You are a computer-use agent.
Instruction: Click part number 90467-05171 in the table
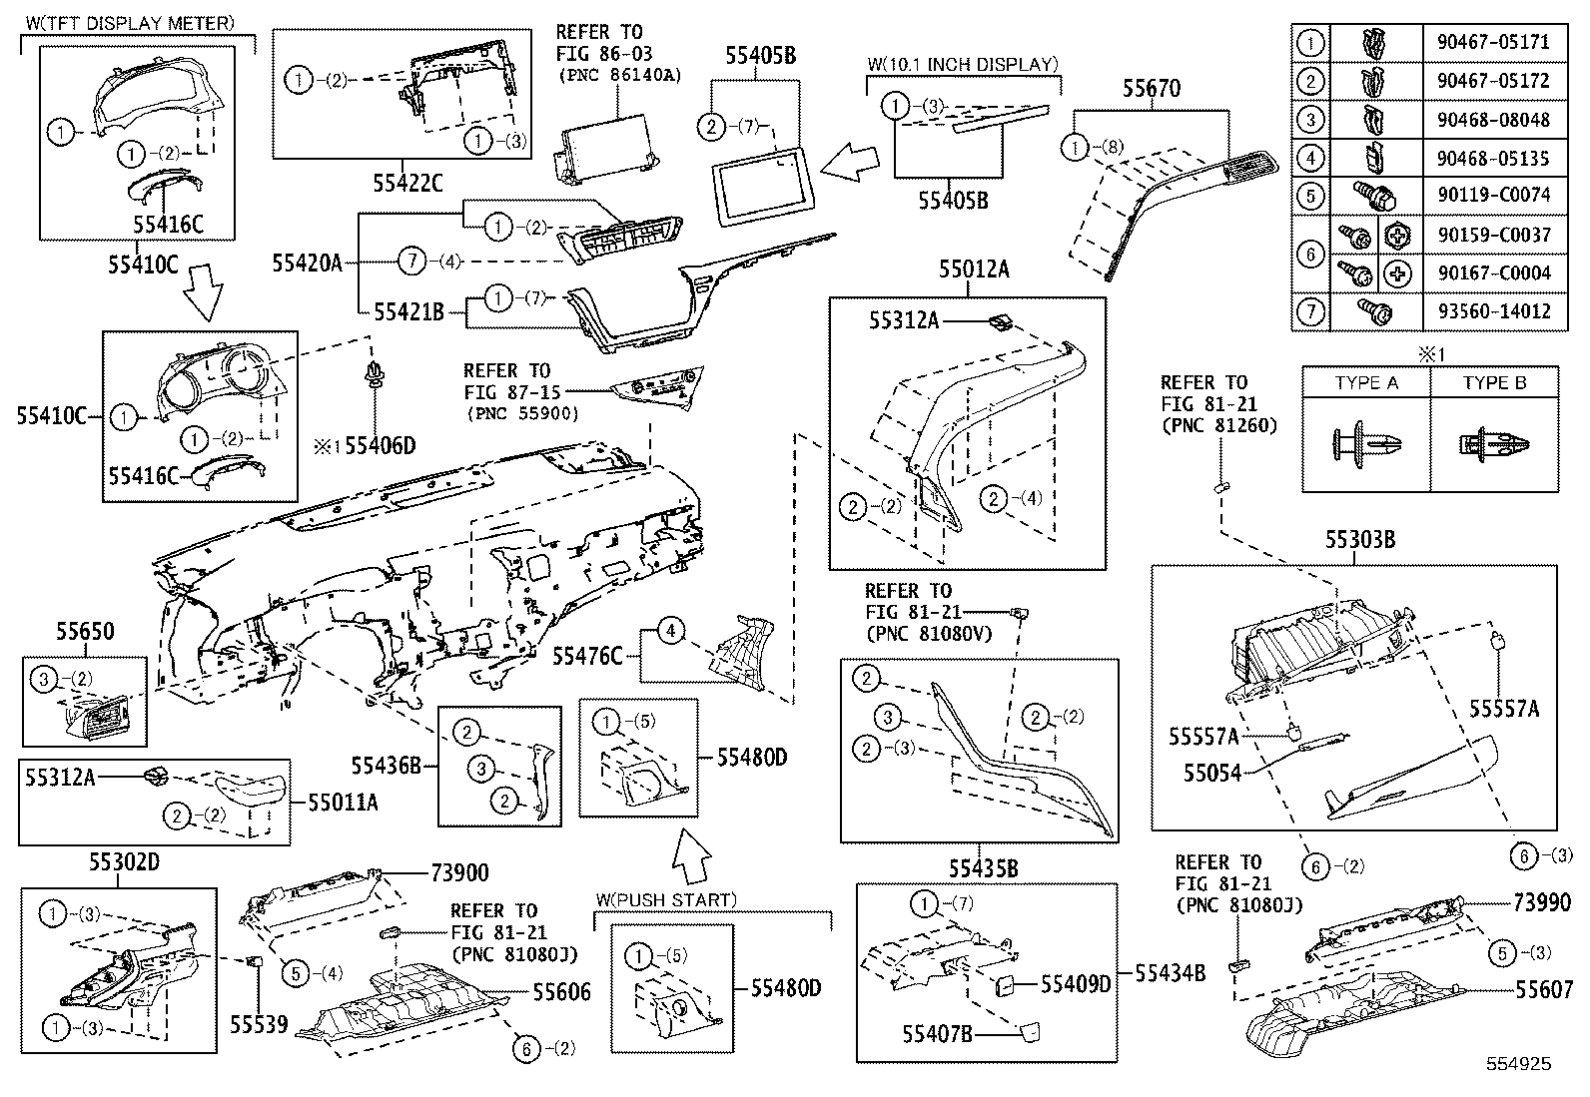click(x=1487, y=43)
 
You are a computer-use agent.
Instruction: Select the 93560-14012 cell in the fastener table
click(x=1487, y=311)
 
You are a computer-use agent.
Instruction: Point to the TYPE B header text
click(x=1494, y=383)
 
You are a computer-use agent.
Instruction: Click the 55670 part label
click(x=1151, y=89)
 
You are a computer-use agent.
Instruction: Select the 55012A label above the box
click(x=973, y=269)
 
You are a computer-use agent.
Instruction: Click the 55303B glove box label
click(x=1360, y=540)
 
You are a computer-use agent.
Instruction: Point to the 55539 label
click(x=259, y=1024)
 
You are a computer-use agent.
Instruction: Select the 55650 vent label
click(x=85, y=632)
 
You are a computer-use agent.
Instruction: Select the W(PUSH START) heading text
click(x=666, y=899)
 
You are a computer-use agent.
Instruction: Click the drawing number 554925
click(x=1517, y=1064)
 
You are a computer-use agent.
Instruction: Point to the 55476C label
click(x=587, y=656)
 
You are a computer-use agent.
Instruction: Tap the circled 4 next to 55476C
click(x=672, y=631)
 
